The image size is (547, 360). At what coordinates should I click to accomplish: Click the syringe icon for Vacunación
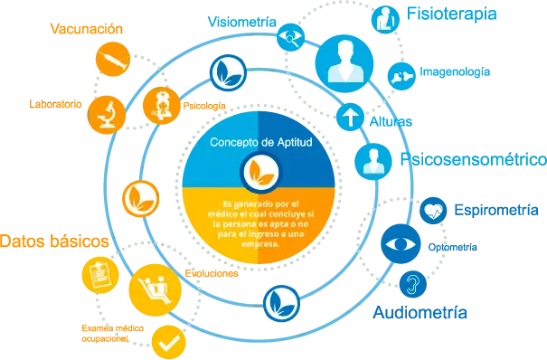(110, 61)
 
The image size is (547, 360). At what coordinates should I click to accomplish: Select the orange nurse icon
(161, 104)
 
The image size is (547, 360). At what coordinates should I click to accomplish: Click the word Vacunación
(87, 30)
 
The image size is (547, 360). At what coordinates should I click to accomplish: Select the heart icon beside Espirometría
(433, 210)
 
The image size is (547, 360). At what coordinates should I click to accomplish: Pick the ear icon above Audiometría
(412, 284)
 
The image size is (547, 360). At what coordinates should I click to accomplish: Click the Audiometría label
(420, 312)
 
